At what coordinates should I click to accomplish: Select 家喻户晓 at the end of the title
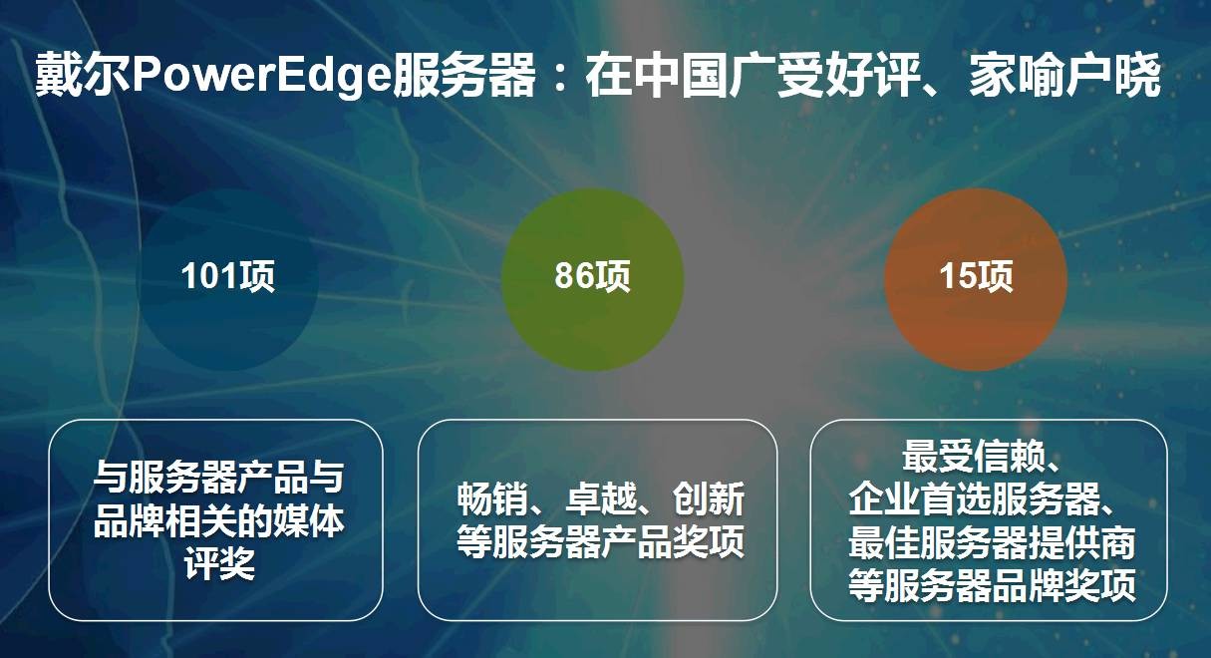point(1064,75)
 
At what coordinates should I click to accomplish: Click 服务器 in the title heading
point(464,75)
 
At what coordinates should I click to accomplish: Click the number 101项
point(228,276)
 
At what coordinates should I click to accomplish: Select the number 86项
point(592,276)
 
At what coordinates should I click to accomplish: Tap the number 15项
point(976,276)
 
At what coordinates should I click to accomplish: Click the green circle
point(592,279)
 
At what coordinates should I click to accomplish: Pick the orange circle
point(976,279)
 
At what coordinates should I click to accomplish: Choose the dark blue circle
point(228,279)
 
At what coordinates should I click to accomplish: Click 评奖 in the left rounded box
point(219,564)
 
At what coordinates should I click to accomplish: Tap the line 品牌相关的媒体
point(219,520)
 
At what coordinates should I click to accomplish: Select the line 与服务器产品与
point(219,478)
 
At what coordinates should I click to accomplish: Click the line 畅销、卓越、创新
point(600,498)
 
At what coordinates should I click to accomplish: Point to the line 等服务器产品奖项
point(600,541)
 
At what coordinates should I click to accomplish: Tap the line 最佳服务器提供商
point(992,541)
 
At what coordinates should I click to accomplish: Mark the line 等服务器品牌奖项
point(992,584)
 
